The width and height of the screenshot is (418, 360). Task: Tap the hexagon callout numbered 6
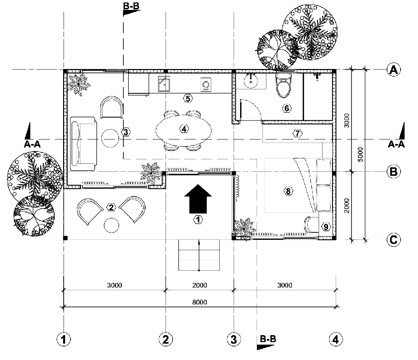(287, 108)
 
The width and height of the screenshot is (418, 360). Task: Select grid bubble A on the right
(394, 70)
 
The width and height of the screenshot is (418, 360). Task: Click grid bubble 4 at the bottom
(335, 340)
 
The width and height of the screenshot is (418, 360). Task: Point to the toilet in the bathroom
(284, 85)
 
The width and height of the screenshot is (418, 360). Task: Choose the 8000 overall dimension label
(199, 302)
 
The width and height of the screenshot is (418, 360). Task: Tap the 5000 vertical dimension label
(360, 154)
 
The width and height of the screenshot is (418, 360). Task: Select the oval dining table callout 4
(184, 129)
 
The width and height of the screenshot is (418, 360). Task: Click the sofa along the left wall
(83, 144)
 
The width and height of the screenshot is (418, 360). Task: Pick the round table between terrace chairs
(111, 225)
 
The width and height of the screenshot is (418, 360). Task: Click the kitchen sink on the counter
(164, 83)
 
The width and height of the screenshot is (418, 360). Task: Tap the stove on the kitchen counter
(206, 85)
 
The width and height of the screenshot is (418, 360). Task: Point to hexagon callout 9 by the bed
(326, 227)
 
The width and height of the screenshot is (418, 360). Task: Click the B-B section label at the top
(131, 6)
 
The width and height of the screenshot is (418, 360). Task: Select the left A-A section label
(32, 144)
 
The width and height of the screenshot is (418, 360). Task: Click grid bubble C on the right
(394, 240)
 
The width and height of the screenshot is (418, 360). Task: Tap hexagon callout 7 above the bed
(297, 133)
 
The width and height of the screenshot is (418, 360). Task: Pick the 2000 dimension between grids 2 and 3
(199, 285)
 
